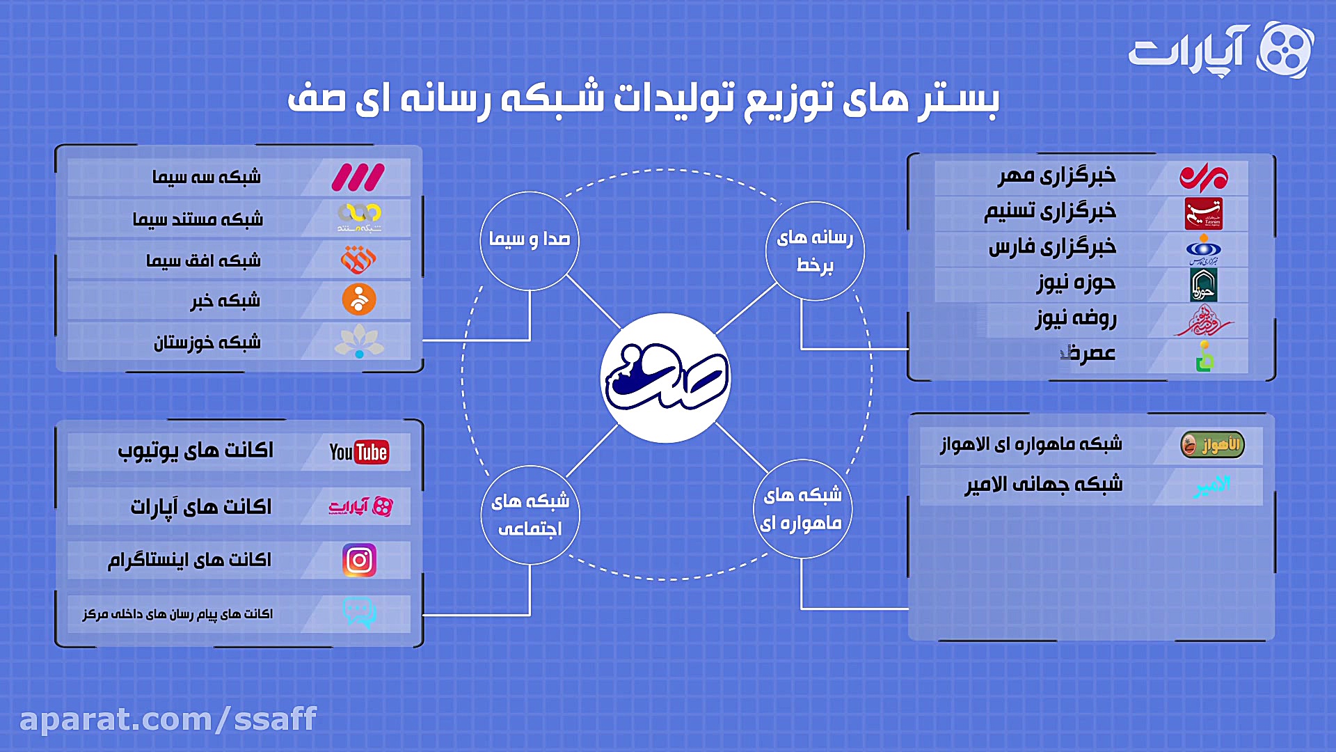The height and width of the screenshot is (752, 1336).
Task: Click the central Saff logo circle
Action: pos(665,378)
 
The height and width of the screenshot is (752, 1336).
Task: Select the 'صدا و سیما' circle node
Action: pos(530,240)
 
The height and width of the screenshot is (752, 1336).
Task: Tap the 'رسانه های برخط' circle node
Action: pos(815,251)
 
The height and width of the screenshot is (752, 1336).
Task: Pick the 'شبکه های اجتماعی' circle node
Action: pos(530,515)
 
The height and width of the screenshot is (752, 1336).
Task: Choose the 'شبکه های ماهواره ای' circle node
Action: pos(802,509)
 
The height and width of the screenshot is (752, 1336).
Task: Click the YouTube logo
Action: pos(359,453)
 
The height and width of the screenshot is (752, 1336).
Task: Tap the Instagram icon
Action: pos(359,561)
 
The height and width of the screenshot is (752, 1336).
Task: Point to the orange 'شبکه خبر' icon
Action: pos(359,300)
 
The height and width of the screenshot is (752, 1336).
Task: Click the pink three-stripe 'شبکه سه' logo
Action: pos(358,178)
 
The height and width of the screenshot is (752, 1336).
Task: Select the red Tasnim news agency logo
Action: pos(1204,214)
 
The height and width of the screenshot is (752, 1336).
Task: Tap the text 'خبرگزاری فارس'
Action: pos(1052,247)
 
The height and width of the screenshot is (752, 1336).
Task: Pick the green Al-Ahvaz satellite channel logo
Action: pos(1212,445)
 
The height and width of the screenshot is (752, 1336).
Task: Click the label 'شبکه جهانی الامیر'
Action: pos(1043,485)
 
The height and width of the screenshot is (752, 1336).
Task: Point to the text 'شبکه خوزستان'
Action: pos(207,343)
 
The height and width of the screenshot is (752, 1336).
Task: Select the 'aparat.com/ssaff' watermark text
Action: pos(168,719)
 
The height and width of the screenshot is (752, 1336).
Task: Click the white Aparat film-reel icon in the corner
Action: pos(1285,50)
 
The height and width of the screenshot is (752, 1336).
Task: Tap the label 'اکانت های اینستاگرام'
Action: pos(189,561)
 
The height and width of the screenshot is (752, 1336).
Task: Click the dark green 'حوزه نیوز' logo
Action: pos(1203,285)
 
